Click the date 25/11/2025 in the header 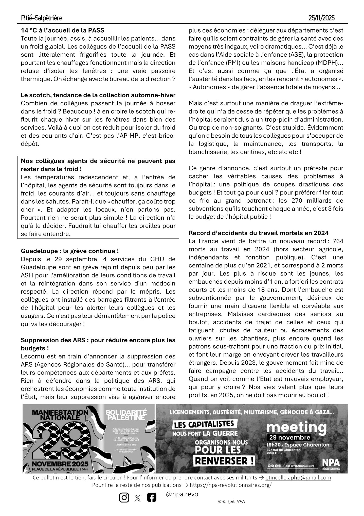[321, 18]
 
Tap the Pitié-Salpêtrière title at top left [42, 18]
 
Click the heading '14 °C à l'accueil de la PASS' [62, 30]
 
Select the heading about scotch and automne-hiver [98, 95]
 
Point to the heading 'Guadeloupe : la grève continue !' [70, 251]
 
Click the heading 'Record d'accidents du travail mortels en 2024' [259, 233]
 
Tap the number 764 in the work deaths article [338, 241]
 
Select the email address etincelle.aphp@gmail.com [298, 478]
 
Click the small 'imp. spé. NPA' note [231, 501]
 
